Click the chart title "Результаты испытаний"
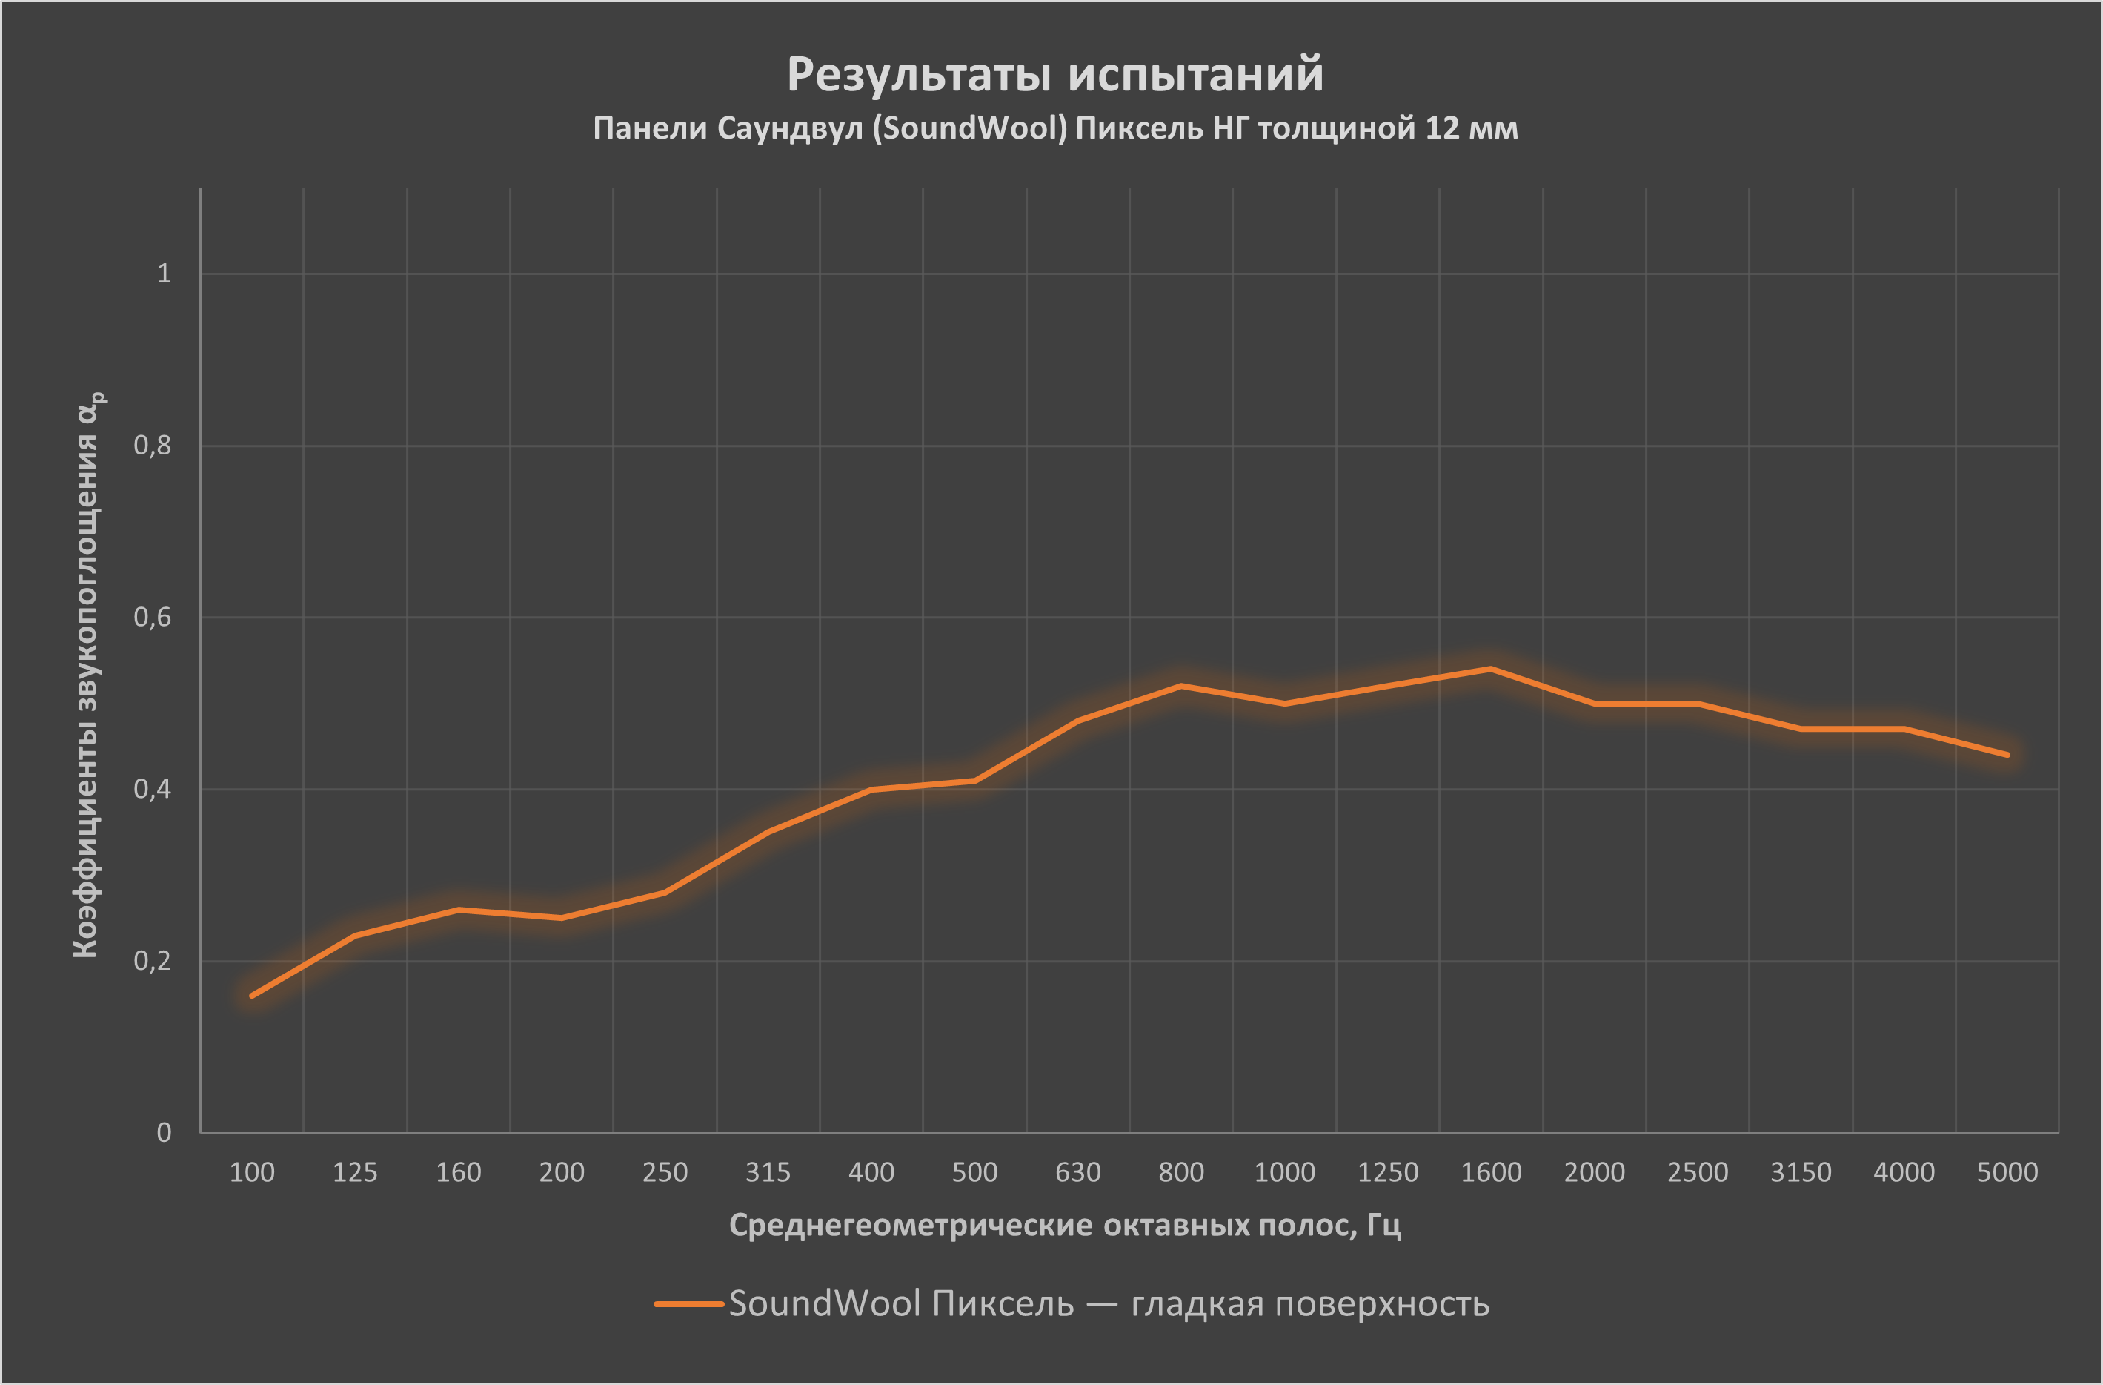click(1054, 74)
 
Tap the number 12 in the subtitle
click(1441, 129)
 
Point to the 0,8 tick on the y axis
click(152, 446)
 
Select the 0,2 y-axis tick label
click(152, 961)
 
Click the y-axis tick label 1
click(164, 274)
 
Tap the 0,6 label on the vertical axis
click(152, 617)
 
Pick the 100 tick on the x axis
click(252, 1173)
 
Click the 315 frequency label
click(768, 1173)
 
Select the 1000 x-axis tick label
click(1284, 1173)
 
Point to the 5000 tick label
click(2007, 1173)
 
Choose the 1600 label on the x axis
click(1491, 1173)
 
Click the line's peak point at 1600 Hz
click(1491, 669)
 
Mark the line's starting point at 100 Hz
click(252, 995)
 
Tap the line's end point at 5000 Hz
click(2007, 755)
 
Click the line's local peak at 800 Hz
click(1181, 686)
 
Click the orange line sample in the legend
click(688, 1303)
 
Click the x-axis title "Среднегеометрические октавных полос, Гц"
click(1065, 1225)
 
